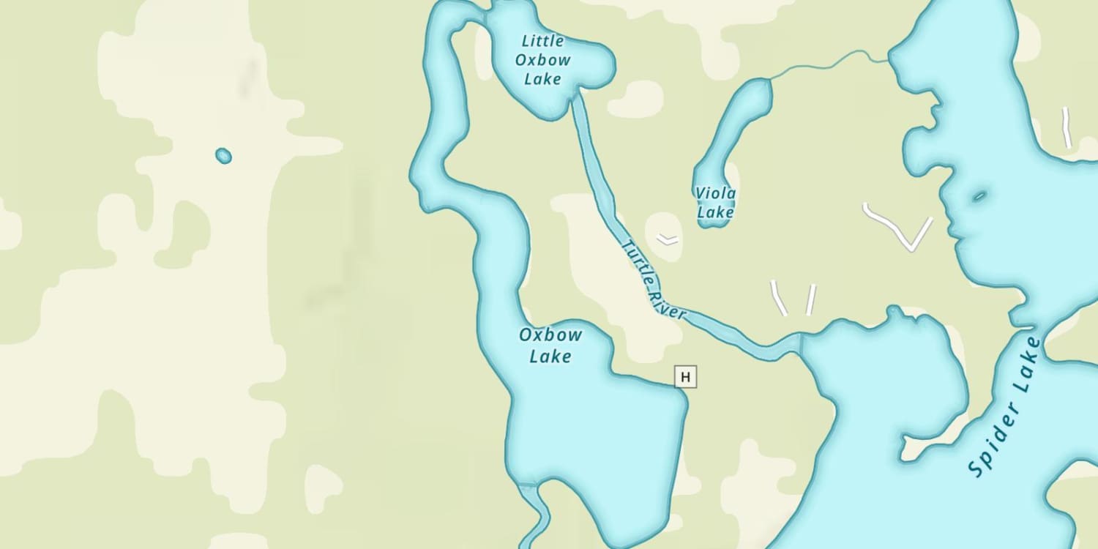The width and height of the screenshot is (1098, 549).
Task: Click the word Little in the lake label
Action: (542, 40)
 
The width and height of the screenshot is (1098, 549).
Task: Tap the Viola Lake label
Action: (715, 203)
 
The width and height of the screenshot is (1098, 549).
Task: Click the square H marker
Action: (685, 377)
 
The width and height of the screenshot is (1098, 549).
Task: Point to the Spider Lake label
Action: (1004, 407)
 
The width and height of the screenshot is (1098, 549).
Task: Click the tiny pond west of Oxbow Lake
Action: (223, 155)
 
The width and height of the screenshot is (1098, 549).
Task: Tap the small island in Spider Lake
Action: (979, 195)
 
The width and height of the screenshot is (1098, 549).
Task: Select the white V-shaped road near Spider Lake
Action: (898, 228)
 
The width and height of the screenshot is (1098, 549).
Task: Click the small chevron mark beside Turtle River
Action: (667, 239)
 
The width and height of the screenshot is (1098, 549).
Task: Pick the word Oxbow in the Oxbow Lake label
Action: (550, 336)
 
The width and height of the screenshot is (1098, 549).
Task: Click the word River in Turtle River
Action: (667, 302)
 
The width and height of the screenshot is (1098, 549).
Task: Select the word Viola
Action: (716, 193)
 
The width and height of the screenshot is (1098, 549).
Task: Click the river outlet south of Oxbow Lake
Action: (539, 512)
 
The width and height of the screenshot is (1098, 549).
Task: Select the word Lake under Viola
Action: (715, 212)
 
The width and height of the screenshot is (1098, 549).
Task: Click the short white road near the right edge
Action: (1067, 127)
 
